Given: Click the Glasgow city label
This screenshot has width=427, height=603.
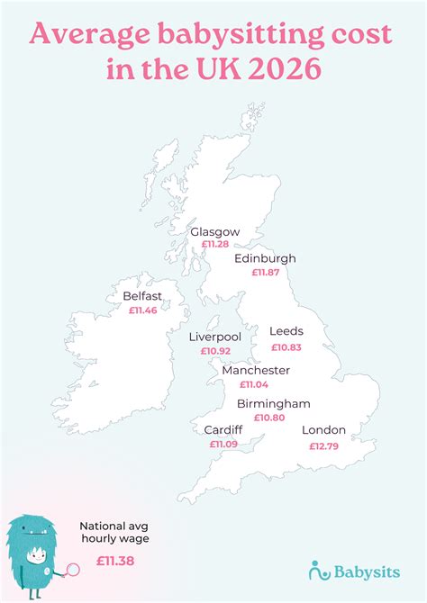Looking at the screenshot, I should pos(214,231).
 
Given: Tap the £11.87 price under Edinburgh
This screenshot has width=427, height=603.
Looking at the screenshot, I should pos(265,272).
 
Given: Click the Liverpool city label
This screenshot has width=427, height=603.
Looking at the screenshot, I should pos(214,337).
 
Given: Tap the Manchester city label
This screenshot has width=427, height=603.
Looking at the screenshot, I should pos(256,370).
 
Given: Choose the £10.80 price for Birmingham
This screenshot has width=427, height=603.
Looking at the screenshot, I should pos(268,418).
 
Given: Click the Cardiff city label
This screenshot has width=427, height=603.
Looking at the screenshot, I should pos(223,430).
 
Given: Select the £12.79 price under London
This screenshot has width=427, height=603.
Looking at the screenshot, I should pos(324,445).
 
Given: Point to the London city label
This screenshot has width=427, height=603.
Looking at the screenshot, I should pos(323,430).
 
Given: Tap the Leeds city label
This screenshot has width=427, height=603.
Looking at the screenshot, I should pos(286,331).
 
